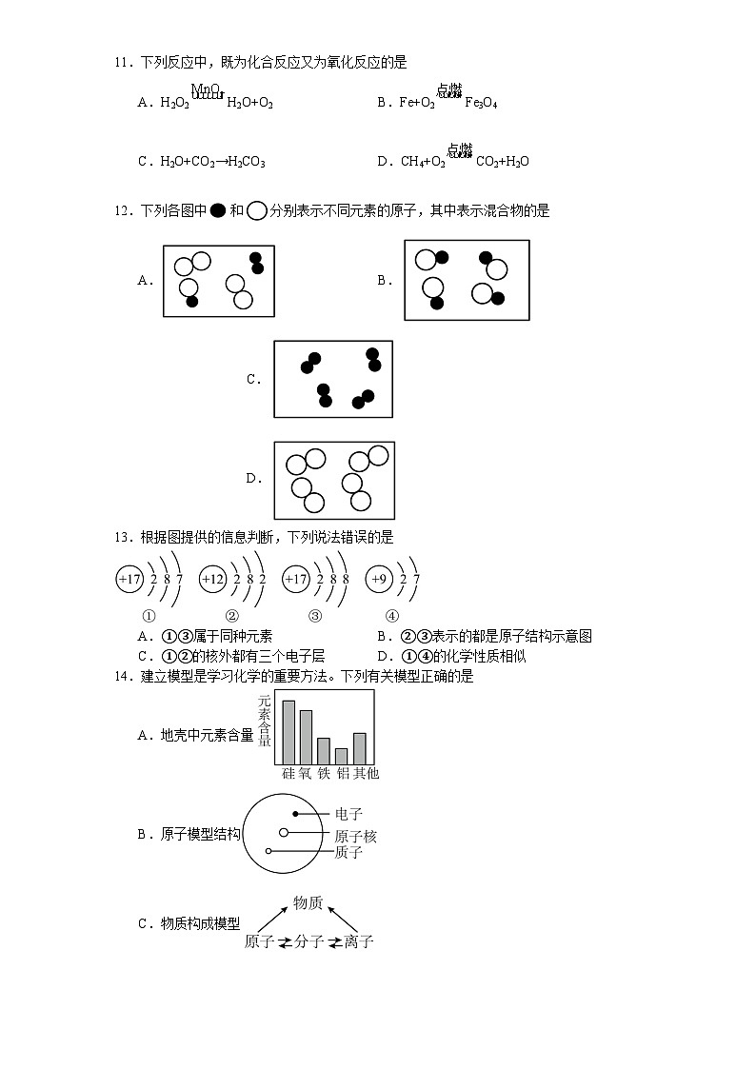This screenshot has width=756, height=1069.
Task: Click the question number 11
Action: [121, 63]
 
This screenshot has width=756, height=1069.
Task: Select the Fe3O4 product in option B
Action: [481, 103]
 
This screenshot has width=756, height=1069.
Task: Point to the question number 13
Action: [121, 537]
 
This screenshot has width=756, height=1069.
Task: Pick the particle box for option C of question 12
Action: [333, 379]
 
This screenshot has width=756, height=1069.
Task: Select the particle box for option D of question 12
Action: [333, 479]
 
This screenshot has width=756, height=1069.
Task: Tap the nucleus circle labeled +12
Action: [212, 579]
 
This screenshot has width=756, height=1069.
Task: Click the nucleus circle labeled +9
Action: [379, 579]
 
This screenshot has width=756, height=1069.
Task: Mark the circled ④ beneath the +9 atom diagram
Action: [391, 615]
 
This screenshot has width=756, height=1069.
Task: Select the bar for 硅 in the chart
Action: [288, 732]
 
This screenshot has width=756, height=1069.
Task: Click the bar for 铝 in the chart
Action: [341, 756]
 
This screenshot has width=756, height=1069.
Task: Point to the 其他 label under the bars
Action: [366, 773]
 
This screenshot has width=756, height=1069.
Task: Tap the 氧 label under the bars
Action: [306, 773]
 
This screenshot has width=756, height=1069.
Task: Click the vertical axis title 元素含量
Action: [265, 721]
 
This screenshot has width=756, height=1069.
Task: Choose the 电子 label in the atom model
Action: [348, 814]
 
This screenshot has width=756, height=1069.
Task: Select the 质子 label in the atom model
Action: [348, 852]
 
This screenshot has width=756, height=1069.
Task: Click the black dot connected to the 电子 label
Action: [296, 814]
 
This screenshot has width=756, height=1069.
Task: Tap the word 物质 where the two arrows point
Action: [308, 902]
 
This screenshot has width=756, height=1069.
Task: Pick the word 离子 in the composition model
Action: [359, 942]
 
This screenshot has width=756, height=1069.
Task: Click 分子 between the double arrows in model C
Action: [309, 942]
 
